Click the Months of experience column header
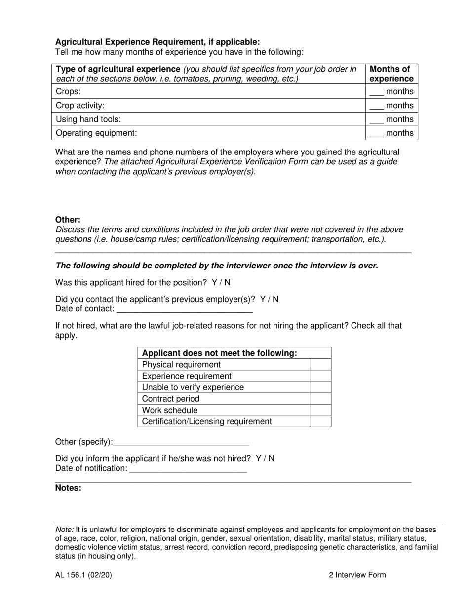click(x=391, y=74)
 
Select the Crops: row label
click(x=68, y=91)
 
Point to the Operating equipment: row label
click(x=96, y=133)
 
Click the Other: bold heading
click(x=68, y=220)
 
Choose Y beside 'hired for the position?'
click(x=214, y=282)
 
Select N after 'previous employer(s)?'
click(x=275, y=299)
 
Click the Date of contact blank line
click(x=184, y=309)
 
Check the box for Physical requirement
click(x=320, y=365)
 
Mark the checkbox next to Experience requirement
click(x=320, y=376)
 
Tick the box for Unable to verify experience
click(x=320, y=387)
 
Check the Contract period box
click(x=320, y=399)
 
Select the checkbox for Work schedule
click(x=320, y=410)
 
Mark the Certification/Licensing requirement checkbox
click(x=320, y=421)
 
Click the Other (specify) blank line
click(x=181, y=442)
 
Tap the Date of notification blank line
click(x=188, y=469)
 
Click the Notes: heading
click(x=68, y=488)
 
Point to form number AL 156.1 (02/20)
click(x=83, y=575)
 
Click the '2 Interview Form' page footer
click(x=357, y=575)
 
